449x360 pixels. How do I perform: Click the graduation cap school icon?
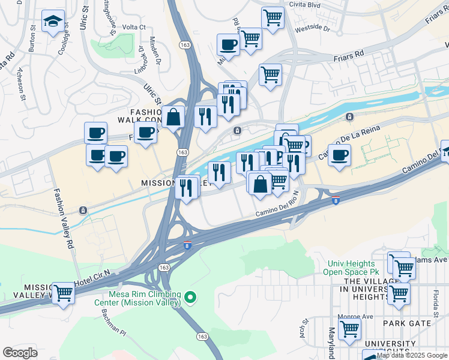coord(53,22)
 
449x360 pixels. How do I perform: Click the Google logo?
coord(20,353)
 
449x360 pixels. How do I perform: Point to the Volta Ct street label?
coord(134,27)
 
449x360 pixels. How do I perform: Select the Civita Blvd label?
coord(304,5)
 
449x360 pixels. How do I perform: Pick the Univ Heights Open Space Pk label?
coord(351,268)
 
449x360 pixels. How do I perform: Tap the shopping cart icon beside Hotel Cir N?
coord(62,293)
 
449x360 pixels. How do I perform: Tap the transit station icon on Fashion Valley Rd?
coord(82,210)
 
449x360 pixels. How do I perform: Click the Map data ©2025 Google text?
coord(412,355)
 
